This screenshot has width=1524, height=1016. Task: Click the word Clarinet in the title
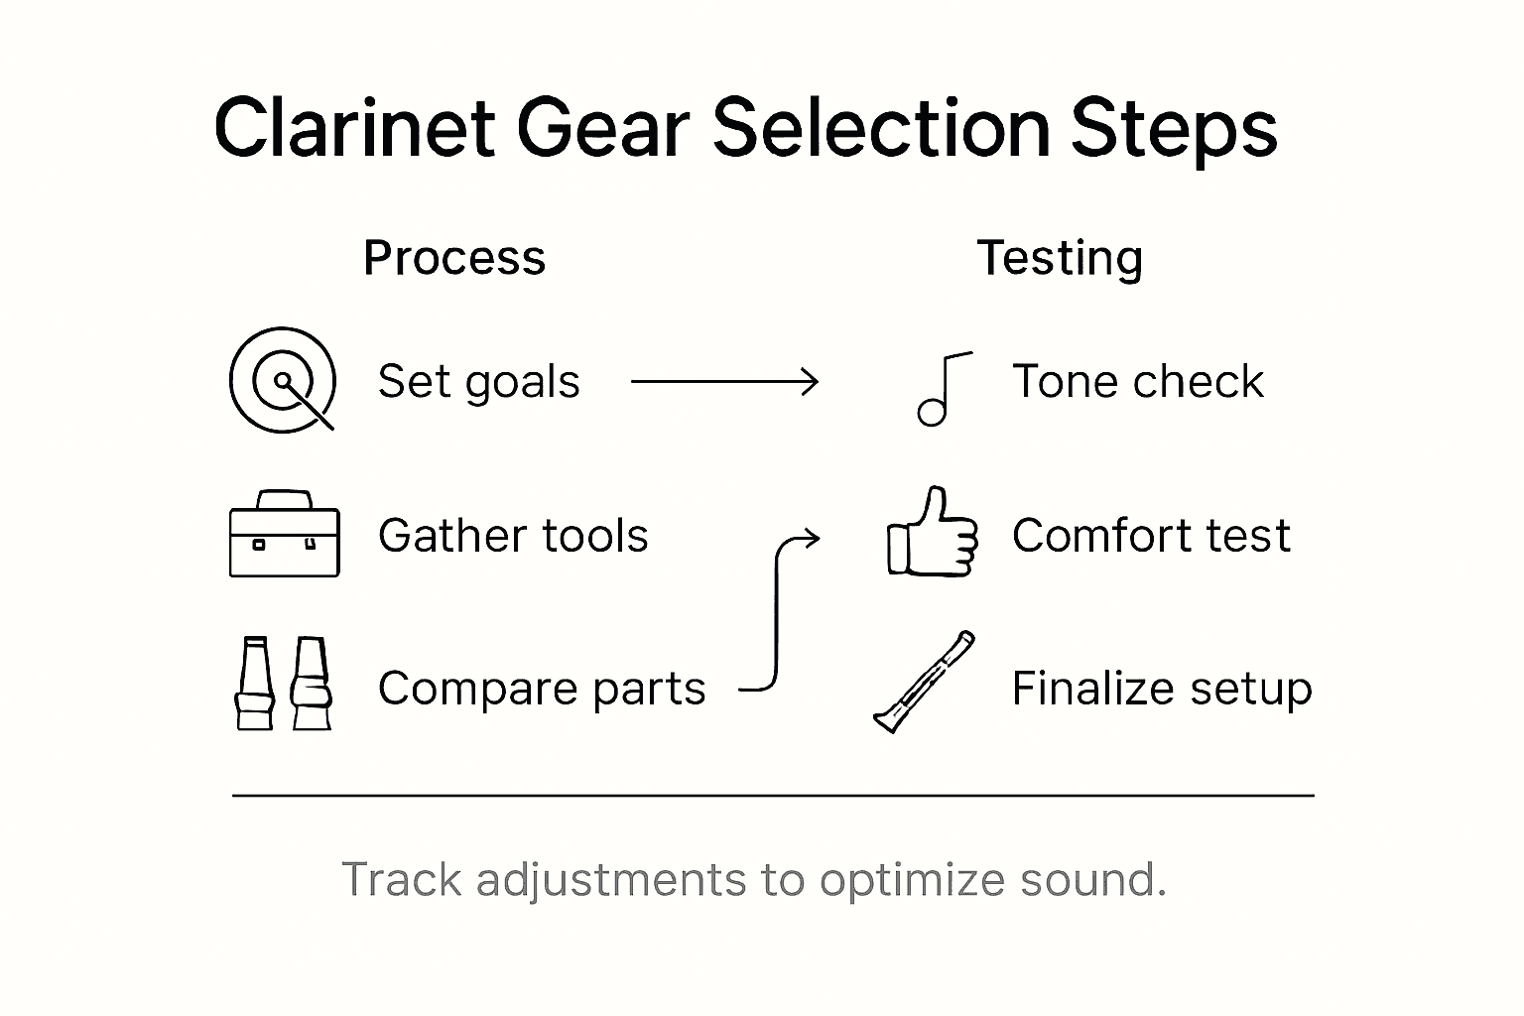354,128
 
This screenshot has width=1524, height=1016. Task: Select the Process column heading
454,258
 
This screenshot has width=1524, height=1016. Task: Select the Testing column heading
1060,258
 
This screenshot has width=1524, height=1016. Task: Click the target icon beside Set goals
283,381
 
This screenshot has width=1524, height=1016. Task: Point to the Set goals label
478,382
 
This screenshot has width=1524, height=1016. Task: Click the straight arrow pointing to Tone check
724,381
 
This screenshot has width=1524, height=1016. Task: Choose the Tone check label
1138,382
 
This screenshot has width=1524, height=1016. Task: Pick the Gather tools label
513,536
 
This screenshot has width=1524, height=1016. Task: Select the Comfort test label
1151,536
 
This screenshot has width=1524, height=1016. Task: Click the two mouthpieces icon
283,685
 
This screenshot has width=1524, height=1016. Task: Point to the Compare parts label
542,689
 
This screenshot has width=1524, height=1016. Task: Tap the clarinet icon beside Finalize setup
924,682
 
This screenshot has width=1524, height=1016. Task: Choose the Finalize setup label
1162,689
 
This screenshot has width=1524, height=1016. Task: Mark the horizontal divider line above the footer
773,796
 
